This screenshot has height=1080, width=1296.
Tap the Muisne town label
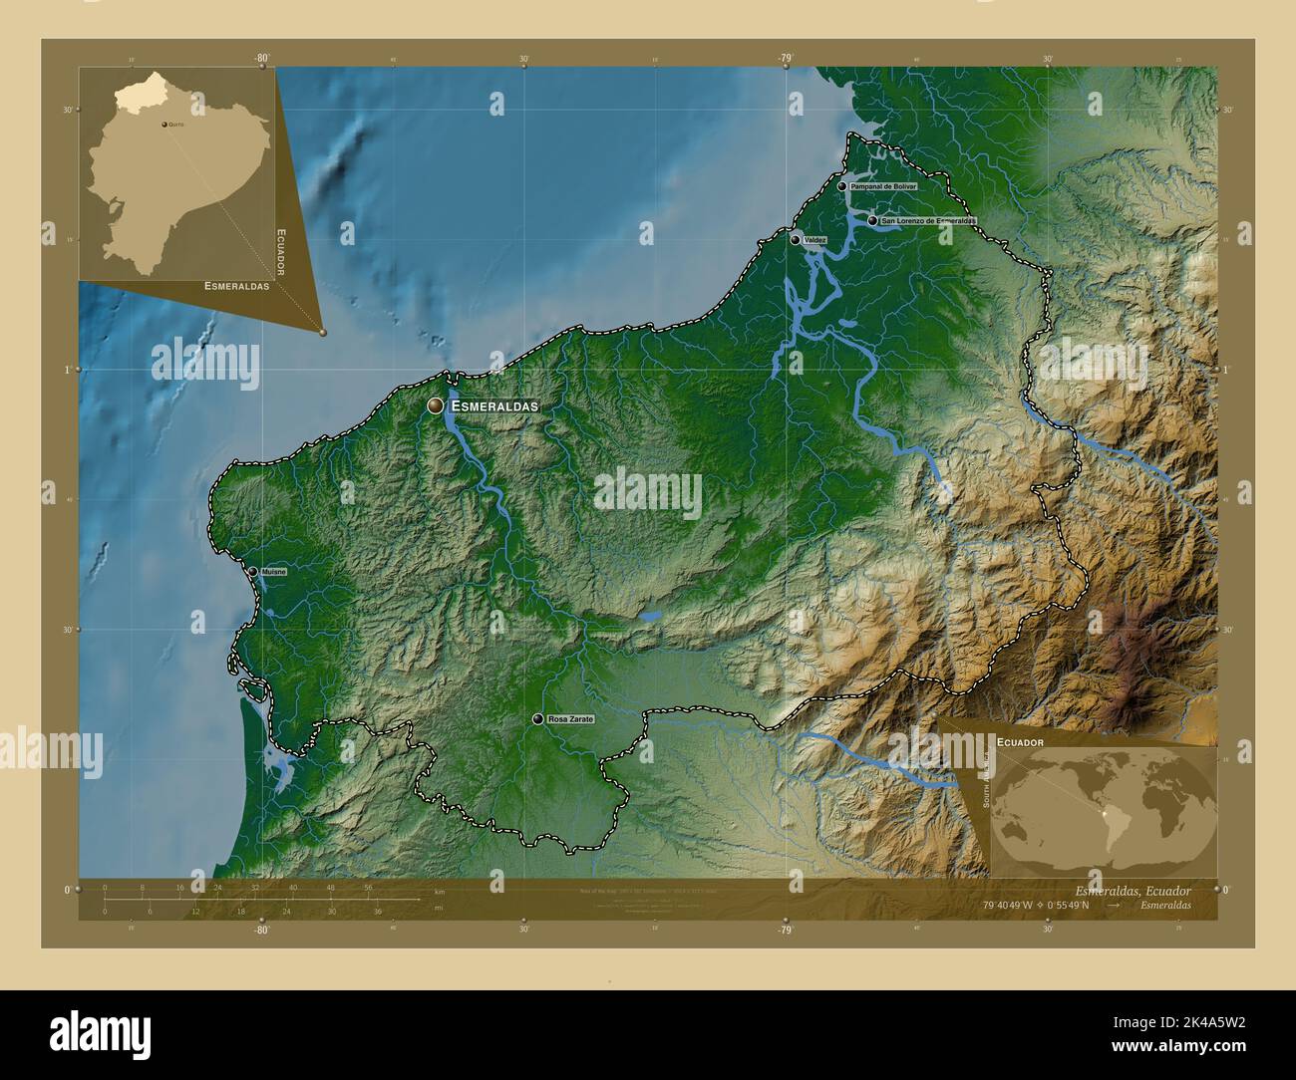pyautogui.click(x=272, y=572)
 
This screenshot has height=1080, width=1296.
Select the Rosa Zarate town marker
pyautogui.click(x=538, y=718)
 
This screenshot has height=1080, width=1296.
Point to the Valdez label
pyautogui.click(x=813, y=240)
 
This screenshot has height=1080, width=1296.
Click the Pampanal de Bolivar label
pyautogui.click(x=883, y=186)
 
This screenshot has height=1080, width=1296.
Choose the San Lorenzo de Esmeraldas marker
pyautogui.click(x=872, y=220)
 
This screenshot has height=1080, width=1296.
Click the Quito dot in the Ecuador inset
pyautogui.click(x=164, y=126)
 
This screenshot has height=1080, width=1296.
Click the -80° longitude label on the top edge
pyautogui.click(x=261, y=59)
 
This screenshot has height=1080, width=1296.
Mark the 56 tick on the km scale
pyautogui.click(x=368, y=887)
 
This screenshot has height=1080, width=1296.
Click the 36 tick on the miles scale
pyautogui.click(x=378, y=911)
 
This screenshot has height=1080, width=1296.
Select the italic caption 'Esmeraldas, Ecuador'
pyautogui.click(x=1133, y=890)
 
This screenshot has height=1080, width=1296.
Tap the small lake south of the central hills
pyautogui.click(x=650, y=617)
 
